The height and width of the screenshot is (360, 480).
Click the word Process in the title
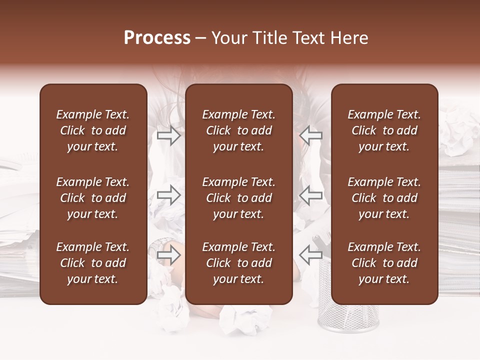point(157,38)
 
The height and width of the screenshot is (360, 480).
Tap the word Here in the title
point(348,38)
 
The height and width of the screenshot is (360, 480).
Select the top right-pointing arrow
point(168,135)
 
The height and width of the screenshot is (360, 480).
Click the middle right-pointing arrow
point(168,195)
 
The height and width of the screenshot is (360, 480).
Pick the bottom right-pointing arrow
point(168,255)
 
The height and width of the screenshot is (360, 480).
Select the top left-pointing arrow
point(311,135)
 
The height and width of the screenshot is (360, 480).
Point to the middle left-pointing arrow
point(311,195)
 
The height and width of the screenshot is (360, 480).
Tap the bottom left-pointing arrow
point(311,255)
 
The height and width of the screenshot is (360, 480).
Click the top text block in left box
point(93,130)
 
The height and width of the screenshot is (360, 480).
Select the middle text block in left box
point(93,198)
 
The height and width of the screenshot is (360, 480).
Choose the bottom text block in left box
point(93,263)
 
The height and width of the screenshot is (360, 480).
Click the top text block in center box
point(238,130)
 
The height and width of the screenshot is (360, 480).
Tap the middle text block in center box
point(238,198)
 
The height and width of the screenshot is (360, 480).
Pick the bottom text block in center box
point(238,263)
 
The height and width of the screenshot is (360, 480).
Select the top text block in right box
point(384,130)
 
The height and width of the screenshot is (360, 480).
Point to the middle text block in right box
point(384,198)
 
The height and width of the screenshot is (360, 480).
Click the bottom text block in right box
point(384,263)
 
